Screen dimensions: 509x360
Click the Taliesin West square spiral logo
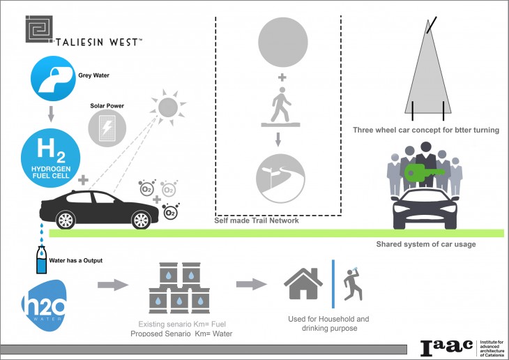39,29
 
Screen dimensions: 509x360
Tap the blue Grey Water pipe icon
53,78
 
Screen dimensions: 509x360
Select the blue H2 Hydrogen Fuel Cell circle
51,158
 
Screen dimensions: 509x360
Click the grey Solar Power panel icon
107,128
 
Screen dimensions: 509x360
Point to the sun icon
168,107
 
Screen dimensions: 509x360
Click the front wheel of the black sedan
142,220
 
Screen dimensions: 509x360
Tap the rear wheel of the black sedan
66,220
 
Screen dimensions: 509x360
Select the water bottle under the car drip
41,260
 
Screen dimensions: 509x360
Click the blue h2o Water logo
44,306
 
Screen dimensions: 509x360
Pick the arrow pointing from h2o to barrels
113,285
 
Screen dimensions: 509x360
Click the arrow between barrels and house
251,284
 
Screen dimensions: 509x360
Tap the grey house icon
303,284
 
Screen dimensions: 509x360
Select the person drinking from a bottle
353,284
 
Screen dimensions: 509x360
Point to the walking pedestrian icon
280,105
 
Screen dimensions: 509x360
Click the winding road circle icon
280,179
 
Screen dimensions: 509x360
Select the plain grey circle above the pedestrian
283,43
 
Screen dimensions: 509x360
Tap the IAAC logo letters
447,347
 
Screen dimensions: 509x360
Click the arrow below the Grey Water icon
51,114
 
